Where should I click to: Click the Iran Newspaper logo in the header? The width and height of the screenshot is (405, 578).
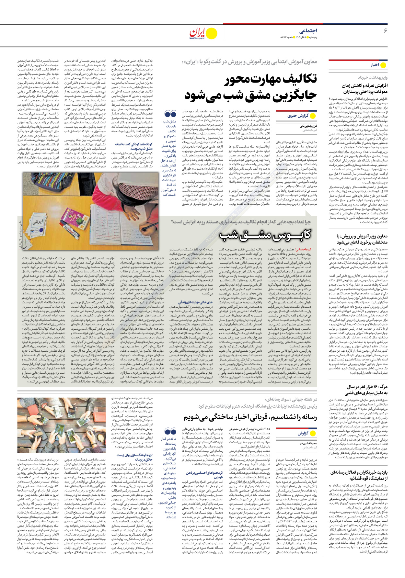(202, 33)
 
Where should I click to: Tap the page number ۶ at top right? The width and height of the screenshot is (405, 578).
(385, 31)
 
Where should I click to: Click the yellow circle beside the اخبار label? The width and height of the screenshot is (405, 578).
(383, 65)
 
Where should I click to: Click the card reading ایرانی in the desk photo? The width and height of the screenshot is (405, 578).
(37, 222)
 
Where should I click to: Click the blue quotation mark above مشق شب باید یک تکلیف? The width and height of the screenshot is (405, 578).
(170, 114)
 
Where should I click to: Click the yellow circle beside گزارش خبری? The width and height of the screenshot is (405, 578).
(313, 116)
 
